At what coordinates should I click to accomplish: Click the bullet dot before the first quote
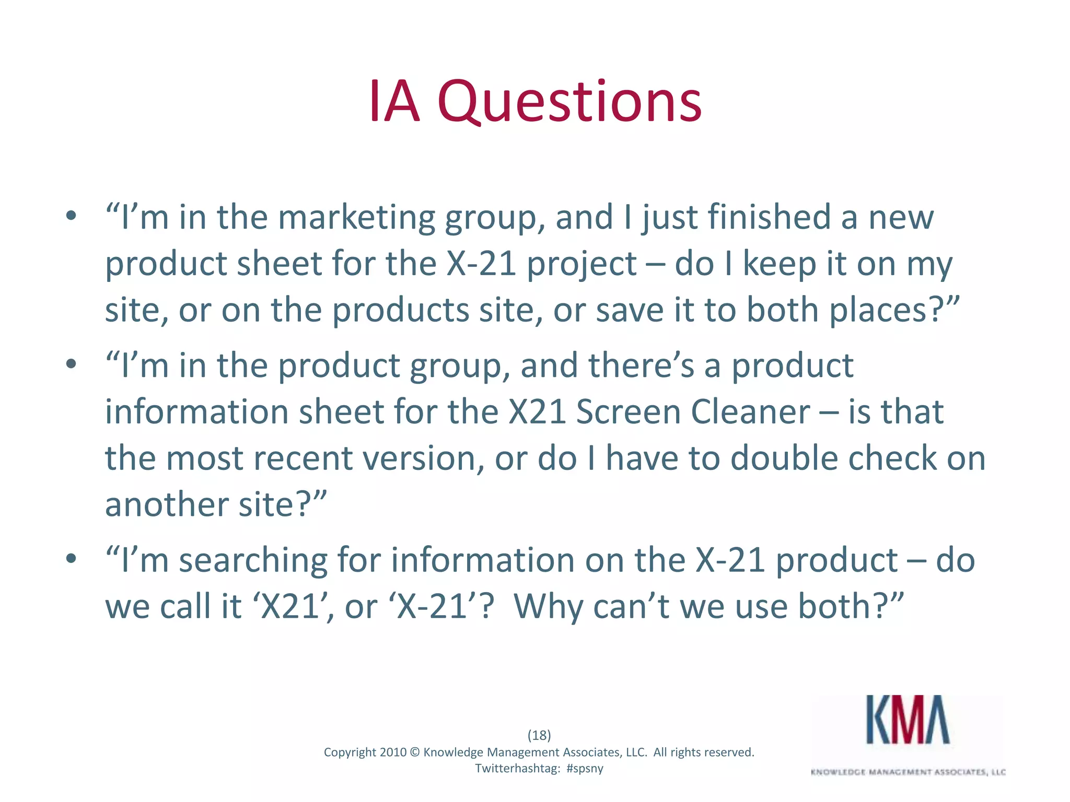(x=72, y=216)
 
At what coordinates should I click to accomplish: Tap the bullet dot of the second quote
(x=72, y=364)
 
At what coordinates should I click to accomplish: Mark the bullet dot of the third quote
(x=72, y=559)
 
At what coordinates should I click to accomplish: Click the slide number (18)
(x=539, y=735)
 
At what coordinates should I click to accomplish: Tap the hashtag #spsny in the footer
(x=585, y=769)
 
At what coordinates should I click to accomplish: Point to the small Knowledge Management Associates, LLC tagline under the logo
(x=908, y=772)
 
